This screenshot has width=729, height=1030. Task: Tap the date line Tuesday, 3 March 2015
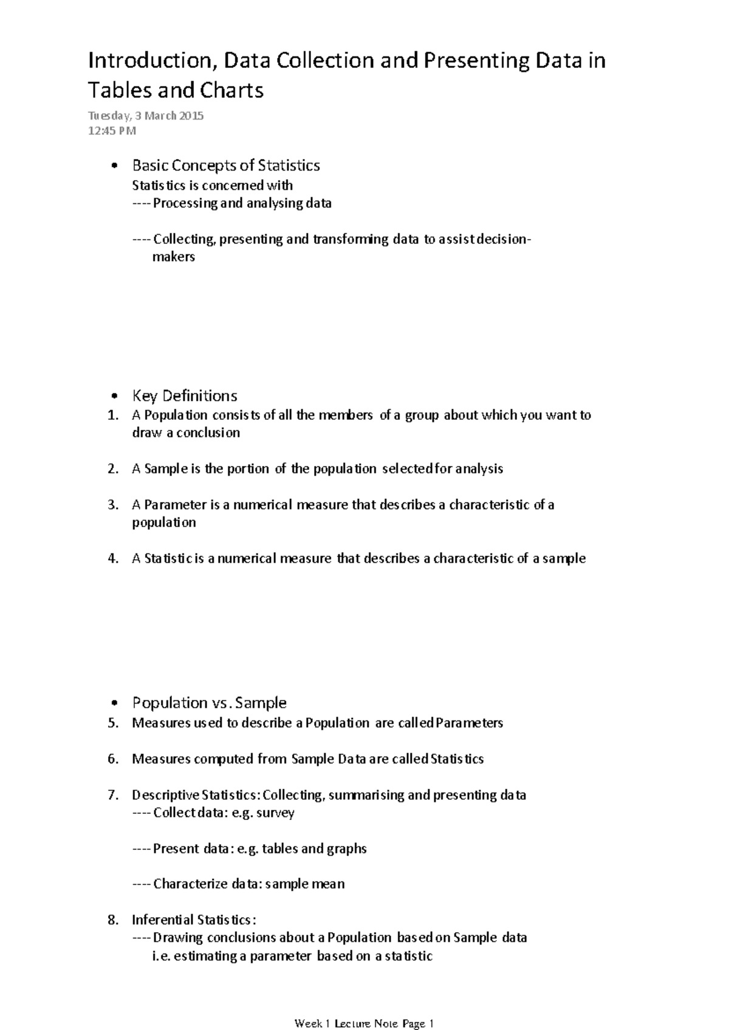pyautogui.click(x=146, y=116)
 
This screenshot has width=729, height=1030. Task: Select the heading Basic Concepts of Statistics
pyautogui.click(x=226, y=166)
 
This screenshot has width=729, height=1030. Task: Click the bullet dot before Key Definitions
pyautogui.click(x=114, y=397)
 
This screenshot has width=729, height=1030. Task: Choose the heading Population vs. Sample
pyautogui.click(x=209, y=703)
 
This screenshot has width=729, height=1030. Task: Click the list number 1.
pyautogui.click(x=112, y=416)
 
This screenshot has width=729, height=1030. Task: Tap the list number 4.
pyautogui.click(x=112, y=558)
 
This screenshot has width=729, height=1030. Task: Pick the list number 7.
pyautogui.click(x=112, y=795)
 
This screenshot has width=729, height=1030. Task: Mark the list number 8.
pyautogui.click(x=112, y=920)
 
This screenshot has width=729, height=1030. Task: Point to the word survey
pyautogui.click(x=275, y=813)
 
